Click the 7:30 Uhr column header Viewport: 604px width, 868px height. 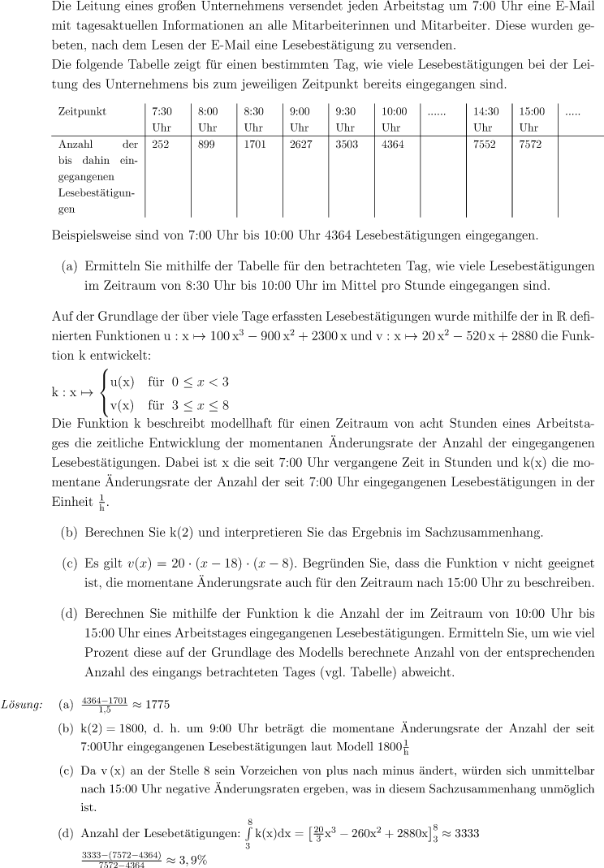coord(162,119)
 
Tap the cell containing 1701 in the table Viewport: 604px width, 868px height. coord(255,145)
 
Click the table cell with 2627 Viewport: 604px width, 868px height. coord(301,145)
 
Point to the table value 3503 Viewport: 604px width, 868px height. coord(347,145)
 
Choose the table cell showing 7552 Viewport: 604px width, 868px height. coord(485,145)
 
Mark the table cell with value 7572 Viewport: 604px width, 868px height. coord(531,145)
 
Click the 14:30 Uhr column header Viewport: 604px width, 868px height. coord(485,119)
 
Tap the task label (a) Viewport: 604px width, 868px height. coord(70,266)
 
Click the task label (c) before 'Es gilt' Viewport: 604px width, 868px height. coord(70,561)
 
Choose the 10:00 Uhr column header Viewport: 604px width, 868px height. coord(395,119)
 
